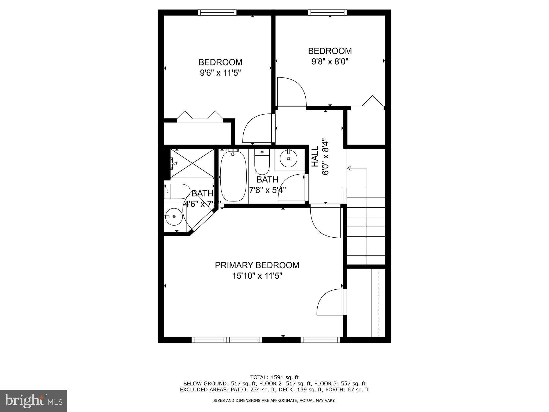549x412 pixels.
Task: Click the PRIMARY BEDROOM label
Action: [x=257, y=265]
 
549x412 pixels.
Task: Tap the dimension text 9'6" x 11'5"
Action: [x=220, y=73]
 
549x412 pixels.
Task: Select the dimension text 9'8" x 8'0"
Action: [x=330, y=62]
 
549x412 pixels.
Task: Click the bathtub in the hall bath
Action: [x=233, y=176]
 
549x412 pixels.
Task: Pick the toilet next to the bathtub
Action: [x=262, y=162]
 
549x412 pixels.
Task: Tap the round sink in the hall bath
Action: [x=288, y=159]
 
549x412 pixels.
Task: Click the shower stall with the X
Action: [x=192, y=163]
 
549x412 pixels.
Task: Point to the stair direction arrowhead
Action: [x=349, y=168]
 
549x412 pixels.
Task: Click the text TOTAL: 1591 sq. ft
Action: [x=274, y=377]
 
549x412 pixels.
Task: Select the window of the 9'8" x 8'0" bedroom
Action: [x=327, y=12]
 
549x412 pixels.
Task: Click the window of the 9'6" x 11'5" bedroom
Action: [x=217, y=12]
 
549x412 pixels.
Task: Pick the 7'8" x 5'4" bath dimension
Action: [x=267, y=190]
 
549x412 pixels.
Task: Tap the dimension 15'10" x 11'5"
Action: [x=257, y=276]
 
